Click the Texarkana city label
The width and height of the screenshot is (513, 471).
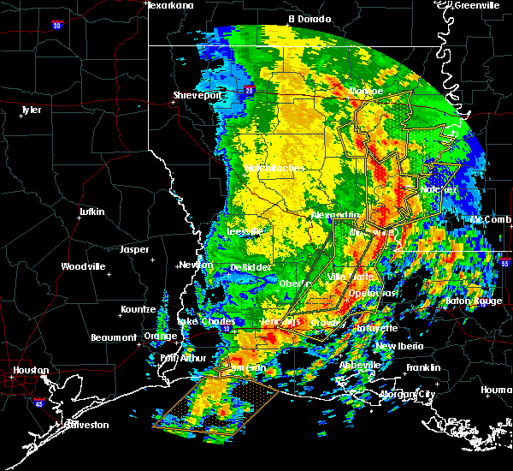point(171,5)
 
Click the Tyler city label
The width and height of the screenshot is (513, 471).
point(31,110)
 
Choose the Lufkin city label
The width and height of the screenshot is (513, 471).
point(91,212)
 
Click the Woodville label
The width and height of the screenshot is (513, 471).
point(82,266)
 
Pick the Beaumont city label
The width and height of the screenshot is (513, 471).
point(114,337)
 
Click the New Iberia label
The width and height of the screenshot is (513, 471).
point(398,345)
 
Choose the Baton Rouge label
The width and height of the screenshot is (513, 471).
point(474,301)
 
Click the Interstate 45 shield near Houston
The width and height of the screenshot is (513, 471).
point(38,401)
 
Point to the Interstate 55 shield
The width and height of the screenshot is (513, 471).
point(505,265)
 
